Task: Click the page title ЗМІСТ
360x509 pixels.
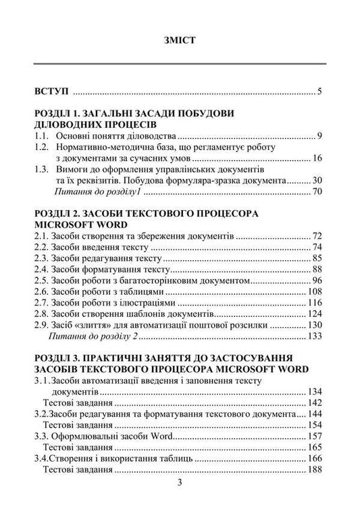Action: [180, 39]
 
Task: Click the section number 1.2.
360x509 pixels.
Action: [43, 147]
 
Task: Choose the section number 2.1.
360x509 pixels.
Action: [43, 237]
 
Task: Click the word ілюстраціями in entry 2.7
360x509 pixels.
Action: [139, 305]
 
